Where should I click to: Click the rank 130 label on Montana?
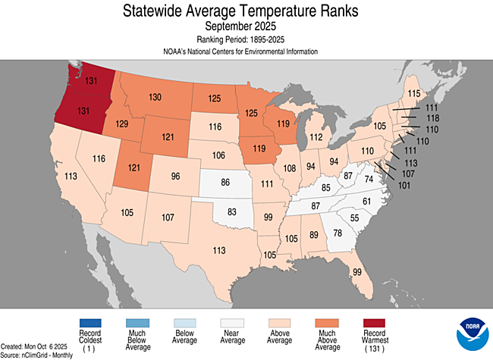155,97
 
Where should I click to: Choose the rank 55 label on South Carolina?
353,218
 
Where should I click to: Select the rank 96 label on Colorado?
175,177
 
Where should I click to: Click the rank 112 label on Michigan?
316,137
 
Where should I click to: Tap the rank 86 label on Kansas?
225,183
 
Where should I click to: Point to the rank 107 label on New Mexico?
168,218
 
